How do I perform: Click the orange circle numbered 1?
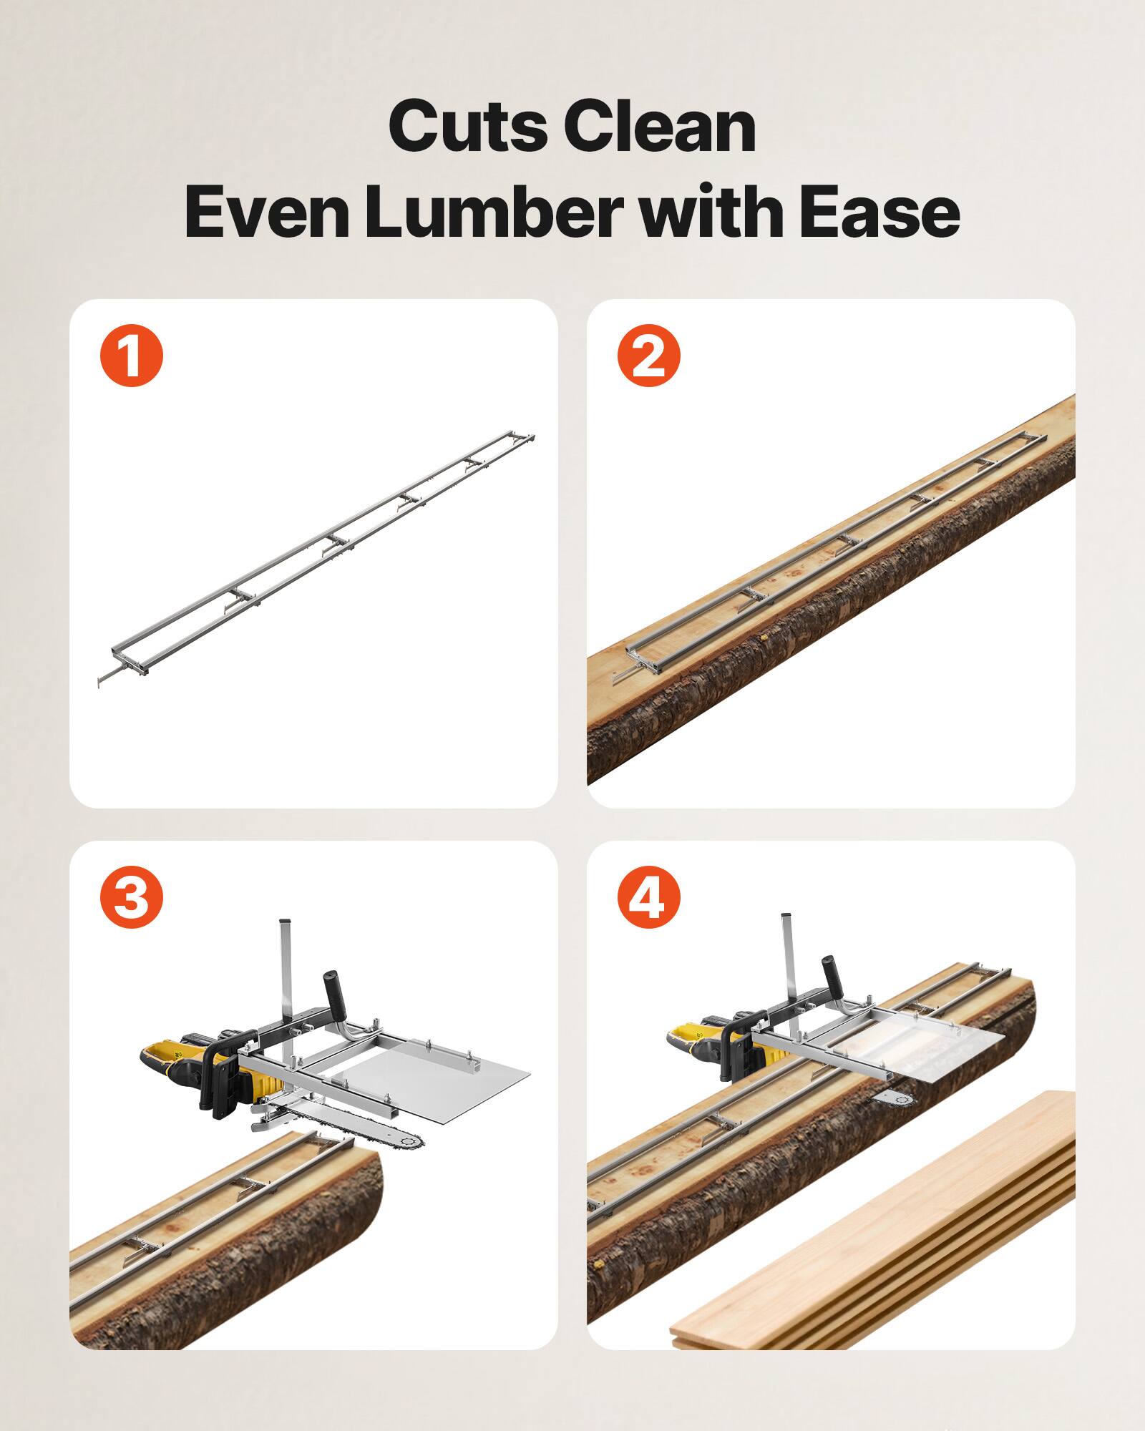[132, 356]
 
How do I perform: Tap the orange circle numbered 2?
[648, 356]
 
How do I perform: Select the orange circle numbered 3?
[132, 897]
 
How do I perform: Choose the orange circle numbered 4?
[648, 897]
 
